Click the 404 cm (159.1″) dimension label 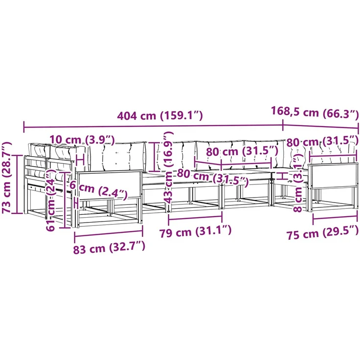tap(160, 116)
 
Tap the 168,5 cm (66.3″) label tap(315, 112)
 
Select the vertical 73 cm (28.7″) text tap(7, 178)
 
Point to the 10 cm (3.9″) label tap(82, 140)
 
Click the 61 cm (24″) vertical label tap(51, 197)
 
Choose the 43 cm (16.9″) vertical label tap(169, 167)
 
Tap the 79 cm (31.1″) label tap(195, 232)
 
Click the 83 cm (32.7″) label tap(109, 247)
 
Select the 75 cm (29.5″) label tap(322, 233)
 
